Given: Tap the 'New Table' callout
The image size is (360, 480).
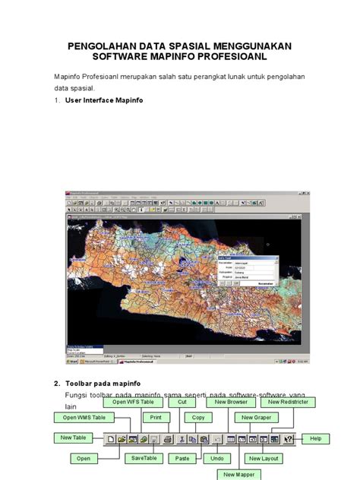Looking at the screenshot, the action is pyautogui.click(x=73, y=437).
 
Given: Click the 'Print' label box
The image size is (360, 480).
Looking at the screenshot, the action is pyautogui.click(x=156, y=417).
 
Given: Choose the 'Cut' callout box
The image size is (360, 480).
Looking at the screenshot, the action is pyautogui.click(x=182, y=403).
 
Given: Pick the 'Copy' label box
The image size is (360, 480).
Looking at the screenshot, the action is pyautogui.click(x=197, y=417).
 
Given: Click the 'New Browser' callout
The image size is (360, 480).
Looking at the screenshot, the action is pyautogui.click(x=232, y=403).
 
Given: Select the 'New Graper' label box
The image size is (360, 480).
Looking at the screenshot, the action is pyautogui.click(x=256, y=417).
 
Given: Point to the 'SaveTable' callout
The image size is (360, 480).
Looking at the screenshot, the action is pyautogui.click(x=143, y=459).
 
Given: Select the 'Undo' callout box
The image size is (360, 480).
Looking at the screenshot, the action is pyautogui.click(x=216, y=459).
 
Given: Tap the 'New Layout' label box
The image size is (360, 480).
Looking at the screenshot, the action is pyautogui.click(x=264, y=459).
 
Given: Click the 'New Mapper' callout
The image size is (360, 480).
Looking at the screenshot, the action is pyautogui.click(x=238, y=474).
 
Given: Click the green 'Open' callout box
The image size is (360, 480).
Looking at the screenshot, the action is pyautogui.click(x=84, y=459).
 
